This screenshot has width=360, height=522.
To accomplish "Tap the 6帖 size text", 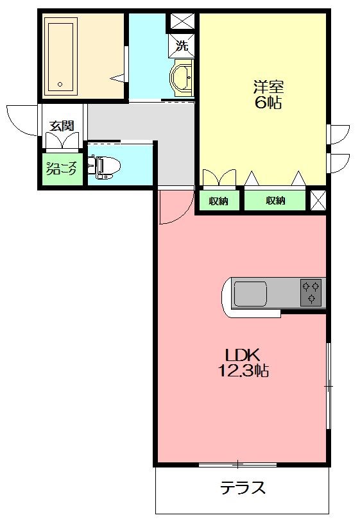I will (x=268, y=103).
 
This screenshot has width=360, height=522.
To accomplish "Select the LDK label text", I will (x=241, y=355).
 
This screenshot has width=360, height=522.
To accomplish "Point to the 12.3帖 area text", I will (x=241, y=371).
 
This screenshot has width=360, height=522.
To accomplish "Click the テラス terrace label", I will (x=243, y=489).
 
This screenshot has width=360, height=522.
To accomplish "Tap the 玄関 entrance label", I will (x=62, y=125).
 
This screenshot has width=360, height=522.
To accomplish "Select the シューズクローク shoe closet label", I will (x=62, y=169).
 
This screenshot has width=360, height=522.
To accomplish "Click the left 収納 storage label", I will (x=218, y=201).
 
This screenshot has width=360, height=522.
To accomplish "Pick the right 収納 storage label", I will (x=276, y=201).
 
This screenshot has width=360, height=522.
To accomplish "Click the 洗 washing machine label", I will (x=182, y=46).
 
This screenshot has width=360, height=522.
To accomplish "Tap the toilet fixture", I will (x=107, y=166).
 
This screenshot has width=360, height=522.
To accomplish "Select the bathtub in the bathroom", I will (x=61, y=55).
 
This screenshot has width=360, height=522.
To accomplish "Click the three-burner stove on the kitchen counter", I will (x=312, y=293).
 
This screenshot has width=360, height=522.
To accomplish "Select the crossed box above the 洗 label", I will (x=182, y=22).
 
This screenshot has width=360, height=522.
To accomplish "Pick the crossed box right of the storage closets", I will (x=318, y=200).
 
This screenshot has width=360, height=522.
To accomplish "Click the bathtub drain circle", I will (x=60, y=83).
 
